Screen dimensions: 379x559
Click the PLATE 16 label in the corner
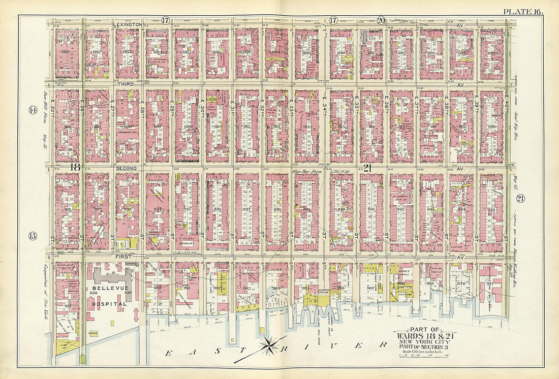(x=523, y=11)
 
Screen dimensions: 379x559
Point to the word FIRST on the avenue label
(x=124, y=258)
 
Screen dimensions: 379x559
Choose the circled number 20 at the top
(x=381, y=20)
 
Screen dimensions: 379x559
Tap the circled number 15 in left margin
(x=32, y=235)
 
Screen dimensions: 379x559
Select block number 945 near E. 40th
(x=492, y=209)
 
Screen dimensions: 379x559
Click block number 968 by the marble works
(x=401, y=283)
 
